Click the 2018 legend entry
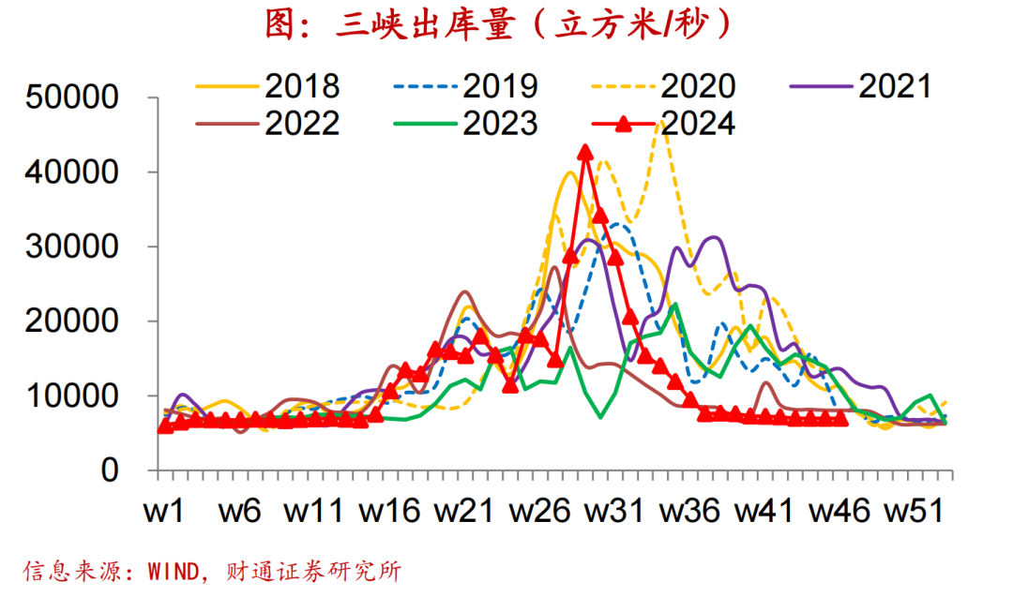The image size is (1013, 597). (267, 86)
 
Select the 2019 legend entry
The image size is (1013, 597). (465, 86)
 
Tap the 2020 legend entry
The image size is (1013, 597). (663, 86)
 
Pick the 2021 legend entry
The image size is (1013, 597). (861, 86)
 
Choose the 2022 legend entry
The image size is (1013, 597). (267, 124)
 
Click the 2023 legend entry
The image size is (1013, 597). (465, 124)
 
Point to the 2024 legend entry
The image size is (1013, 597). (663, 124)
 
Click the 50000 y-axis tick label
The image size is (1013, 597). (71, 97)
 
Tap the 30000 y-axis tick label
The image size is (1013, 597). (71, 246)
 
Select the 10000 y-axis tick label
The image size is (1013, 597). (71, 396)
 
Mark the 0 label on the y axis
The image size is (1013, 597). (110, 470)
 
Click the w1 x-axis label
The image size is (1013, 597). (164, 511)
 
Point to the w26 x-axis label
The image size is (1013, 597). (540, 511)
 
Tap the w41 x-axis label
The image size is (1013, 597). (764, 511)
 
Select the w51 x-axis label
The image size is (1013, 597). (914, 511)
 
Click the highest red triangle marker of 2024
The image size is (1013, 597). (585, 153)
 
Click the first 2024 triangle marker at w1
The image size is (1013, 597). (165, 426)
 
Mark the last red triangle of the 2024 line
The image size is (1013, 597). (840, 419)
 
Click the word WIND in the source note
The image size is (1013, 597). (174, 571)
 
